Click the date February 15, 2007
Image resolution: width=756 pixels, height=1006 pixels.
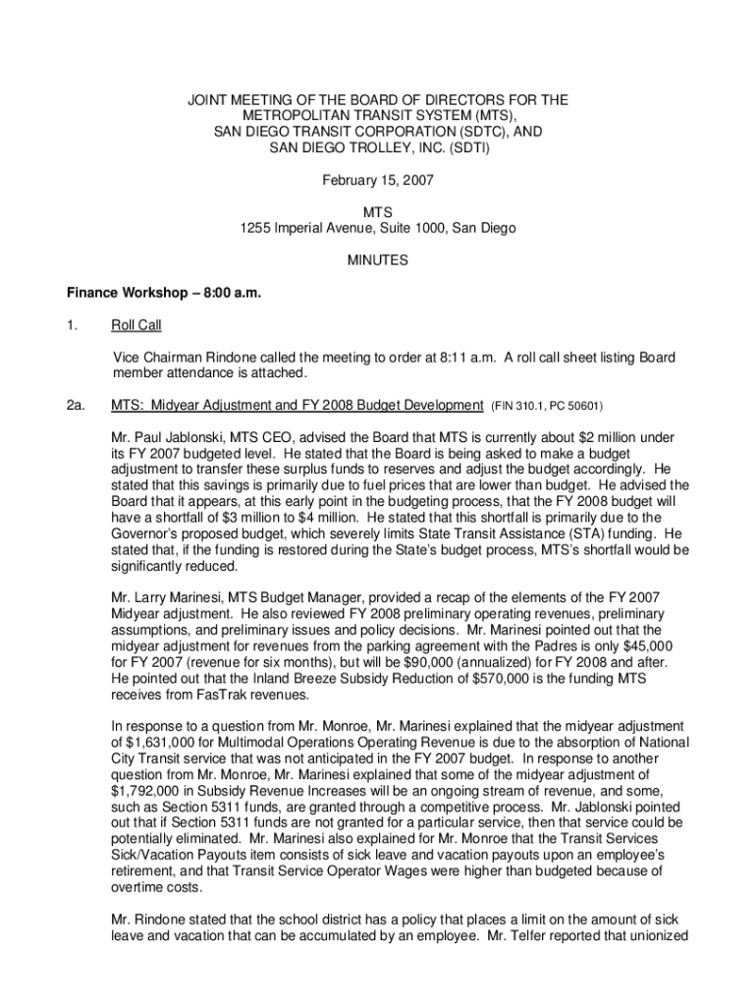378,181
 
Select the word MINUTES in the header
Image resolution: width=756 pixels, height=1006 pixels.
378,260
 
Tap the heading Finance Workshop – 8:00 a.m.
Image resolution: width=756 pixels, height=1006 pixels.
164,293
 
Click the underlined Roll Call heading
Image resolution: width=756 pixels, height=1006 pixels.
136,325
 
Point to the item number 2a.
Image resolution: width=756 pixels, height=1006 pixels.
76,405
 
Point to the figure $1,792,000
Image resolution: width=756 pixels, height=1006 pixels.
145,790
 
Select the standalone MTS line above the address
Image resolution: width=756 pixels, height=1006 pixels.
378,212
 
